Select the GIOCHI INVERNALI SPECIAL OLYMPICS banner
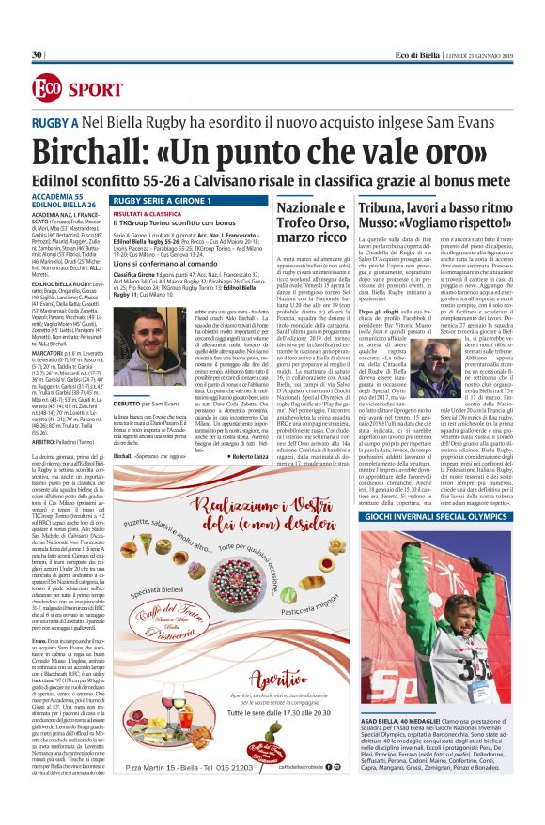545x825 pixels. coord(445,516)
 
